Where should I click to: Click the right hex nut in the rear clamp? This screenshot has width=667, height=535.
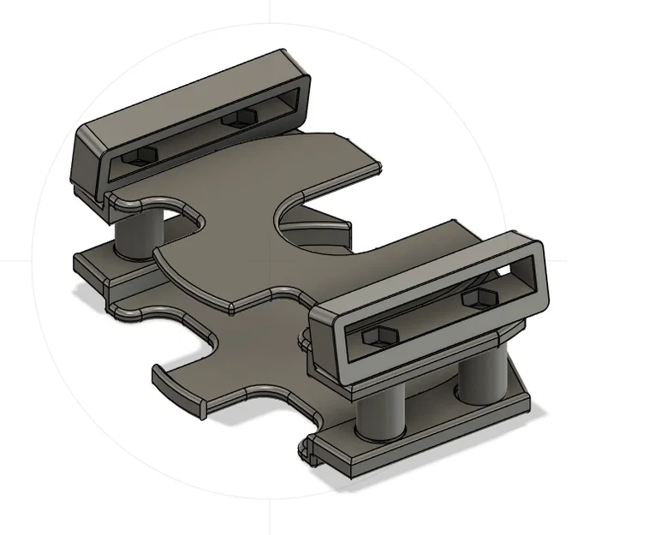click(241, 118)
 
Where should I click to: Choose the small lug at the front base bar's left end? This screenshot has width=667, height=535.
click(308, 449)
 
